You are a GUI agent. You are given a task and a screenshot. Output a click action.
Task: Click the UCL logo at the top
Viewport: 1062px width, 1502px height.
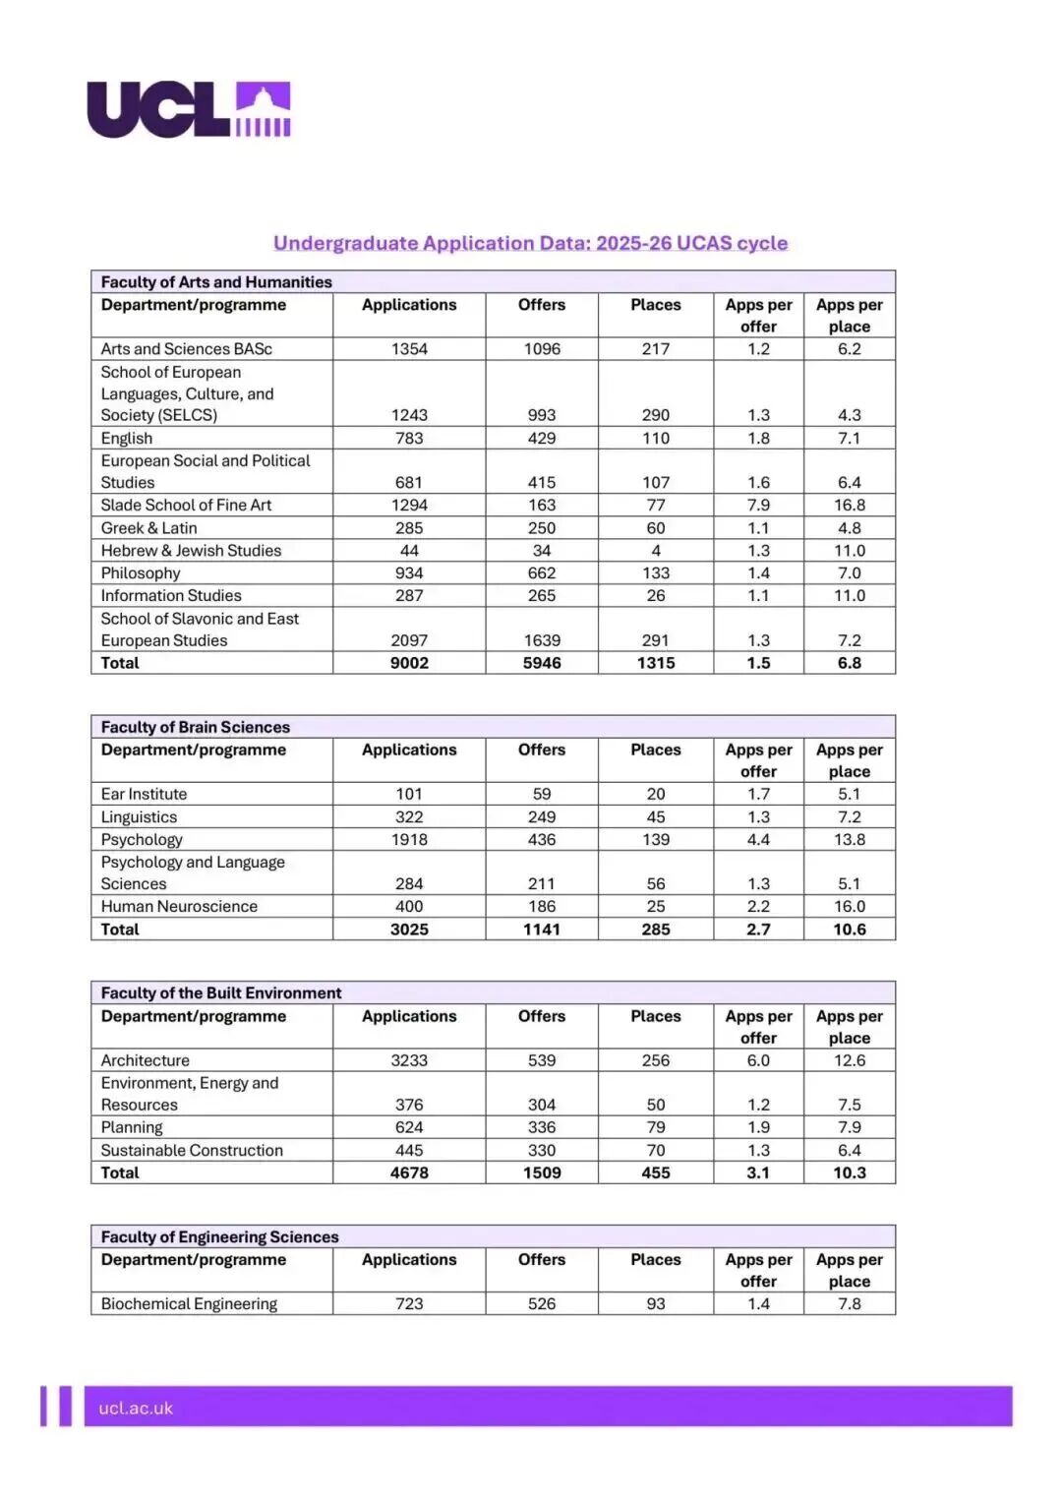[x=189, y=109]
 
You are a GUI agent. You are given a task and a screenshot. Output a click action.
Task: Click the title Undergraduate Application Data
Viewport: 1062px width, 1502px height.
[x=530, y=243]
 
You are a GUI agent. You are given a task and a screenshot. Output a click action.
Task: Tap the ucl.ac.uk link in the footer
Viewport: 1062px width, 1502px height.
[x=136, y=1408]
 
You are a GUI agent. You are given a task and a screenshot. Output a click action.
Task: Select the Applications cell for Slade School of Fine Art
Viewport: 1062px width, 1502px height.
[x=409, y=505]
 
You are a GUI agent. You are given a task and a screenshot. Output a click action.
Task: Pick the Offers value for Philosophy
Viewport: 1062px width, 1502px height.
[x=542, y=572]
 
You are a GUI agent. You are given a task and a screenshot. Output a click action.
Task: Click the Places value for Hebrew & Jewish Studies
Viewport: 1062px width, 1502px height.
[x=656, y=550]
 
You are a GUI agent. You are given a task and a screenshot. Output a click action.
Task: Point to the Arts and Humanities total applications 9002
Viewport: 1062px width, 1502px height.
[x=409, y=663]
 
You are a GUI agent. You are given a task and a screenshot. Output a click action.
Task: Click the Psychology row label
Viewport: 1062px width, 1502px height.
[x=142, y=839]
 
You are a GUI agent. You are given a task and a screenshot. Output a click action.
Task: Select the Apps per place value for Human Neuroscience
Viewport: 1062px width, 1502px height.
[x=850, y=906]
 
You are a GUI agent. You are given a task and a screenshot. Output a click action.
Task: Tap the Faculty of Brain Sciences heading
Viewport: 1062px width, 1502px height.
[x=196, y=727]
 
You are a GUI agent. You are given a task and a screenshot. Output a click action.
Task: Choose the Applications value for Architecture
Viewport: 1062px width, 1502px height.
[x=409, y=1060]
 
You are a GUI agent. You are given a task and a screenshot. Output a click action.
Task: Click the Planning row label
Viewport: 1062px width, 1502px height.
[x=132, y=1127]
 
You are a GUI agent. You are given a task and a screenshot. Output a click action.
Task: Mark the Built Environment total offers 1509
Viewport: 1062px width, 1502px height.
[x=542, y=1172]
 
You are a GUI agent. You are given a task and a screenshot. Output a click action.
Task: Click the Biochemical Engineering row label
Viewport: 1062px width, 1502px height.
[x=189, y=1303]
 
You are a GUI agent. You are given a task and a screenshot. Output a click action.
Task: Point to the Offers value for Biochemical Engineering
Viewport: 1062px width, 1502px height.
[x=542, y=1303]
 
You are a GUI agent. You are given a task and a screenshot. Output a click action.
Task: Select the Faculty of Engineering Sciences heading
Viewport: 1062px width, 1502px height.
[x=219, y=1236]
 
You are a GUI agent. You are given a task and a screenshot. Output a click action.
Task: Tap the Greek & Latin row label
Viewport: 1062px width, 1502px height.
[x=148, y=527]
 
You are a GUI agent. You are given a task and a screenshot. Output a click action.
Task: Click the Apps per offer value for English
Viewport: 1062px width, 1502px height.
[x=758, y=438]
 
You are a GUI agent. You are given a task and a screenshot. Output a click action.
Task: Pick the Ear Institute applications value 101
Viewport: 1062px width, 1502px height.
[x=409, y=794]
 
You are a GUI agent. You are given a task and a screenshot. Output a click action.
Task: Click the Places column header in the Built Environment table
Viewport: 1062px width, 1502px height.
[x=656, y=1016]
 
